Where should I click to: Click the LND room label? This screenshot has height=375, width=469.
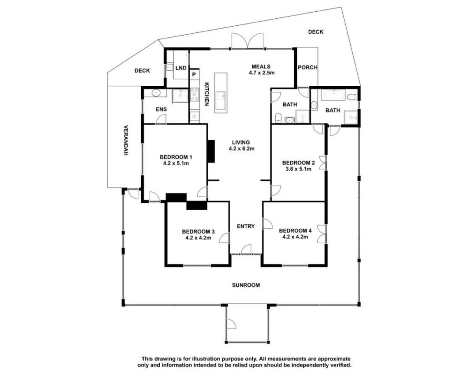[181, 68]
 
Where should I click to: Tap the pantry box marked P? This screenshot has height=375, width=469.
[194, 74]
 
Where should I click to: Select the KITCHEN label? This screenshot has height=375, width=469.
[206, 94]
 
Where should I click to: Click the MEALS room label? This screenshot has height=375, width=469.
[261, 67]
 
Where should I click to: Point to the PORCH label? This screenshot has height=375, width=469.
[308, 67]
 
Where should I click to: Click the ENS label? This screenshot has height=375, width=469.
[161, 109]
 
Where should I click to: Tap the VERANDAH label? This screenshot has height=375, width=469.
[126, 140]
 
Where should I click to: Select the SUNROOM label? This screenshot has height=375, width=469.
[246, 285]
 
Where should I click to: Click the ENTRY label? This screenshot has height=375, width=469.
[246, 226]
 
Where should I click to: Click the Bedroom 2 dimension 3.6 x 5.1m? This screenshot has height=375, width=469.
[298, 169]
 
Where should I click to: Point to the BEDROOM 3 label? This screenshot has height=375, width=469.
[198, 232]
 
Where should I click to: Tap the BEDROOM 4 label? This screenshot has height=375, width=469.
[295, 231]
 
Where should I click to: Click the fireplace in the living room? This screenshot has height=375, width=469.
[211, 151]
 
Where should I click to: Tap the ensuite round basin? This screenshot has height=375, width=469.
[156, 93]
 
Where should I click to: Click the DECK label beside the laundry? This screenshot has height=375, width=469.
[143, 71]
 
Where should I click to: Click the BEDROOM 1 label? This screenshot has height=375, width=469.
[176, 157]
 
